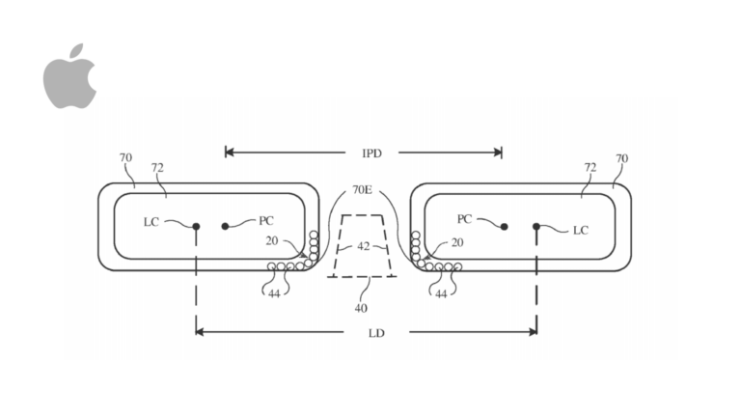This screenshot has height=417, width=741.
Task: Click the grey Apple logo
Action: (x=69, y=76)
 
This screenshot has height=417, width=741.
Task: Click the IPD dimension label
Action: (x=371, y=153)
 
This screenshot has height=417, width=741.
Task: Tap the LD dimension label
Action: (x=376, y=333)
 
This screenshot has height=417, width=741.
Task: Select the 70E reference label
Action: (x=363, y=190)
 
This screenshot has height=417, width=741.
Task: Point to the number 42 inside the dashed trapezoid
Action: (x=363, y=246)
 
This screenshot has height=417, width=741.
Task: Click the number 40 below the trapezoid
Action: (x=361, y=308)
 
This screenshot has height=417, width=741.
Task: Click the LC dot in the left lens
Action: (x=196, y=227)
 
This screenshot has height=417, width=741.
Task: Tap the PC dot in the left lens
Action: (x=225, y=227)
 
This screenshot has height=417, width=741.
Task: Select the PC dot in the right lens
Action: (x=505, y=227)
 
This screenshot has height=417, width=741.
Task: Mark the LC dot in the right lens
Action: (x=536, y=227)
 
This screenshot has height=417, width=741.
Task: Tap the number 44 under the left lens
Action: (x=274, y=294)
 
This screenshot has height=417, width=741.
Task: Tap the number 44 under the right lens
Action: (x=441, y=294)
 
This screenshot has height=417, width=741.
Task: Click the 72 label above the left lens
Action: (x=157, y=168)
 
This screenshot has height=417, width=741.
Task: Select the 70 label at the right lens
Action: (x=622, y=158)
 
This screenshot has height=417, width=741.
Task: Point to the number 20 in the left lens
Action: (x=272, y=241)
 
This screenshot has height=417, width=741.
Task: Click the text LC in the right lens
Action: (x=581, y=231)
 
